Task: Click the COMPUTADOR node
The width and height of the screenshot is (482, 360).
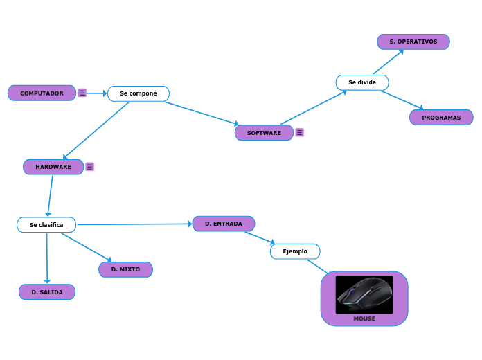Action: pyautogui.click(x=42, y=93)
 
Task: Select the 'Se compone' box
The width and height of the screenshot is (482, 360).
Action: pyautogui.click(x=139, y=93)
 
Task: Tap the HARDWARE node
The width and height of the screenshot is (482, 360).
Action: pyautogui.click(x=53, y=167)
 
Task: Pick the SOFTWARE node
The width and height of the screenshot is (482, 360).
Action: pyautogui.click(x=264, y=132)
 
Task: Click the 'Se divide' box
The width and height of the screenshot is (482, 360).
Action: pyautogui.click(x=362, y=82)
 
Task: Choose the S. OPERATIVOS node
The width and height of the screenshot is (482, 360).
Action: pyautogui.click(x=413, y=42)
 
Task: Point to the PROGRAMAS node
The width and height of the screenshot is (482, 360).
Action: pyautogui.click(x=441, y=117)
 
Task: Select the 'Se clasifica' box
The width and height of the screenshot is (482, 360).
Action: pyautogui.click(x=46, y=224)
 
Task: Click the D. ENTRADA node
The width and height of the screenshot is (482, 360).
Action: pyautogui.click(x=224, y=224)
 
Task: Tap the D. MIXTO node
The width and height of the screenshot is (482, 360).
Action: pyautogui.click(x=125, y=269)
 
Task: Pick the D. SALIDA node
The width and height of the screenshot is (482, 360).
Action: pyautogui.click(x=47, y=292)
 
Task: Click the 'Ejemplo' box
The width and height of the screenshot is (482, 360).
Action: pyautogui.click(x=295, y=251)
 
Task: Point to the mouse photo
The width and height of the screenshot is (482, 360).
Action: pyautogui.click(x=364, y=294)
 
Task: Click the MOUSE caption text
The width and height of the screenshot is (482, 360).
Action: pyautogui.click(x=364, y=319)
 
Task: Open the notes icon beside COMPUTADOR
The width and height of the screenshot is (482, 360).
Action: pyautogui.click(x=82, y=93)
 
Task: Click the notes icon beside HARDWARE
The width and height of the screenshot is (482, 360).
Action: pyautogui.click(x=90, y=167)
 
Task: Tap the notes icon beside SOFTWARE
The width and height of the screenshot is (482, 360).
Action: pyautogui.click(x=300, y=132)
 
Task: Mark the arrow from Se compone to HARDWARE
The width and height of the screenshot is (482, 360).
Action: pyautogui.click(x=96, y=131)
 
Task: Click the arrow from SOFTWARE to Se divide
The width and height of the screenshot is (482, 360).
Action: pyautogui.click(x=313, y=107)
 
